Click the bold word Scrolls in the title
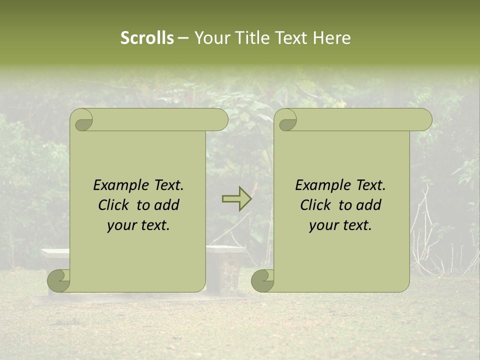[147, 38]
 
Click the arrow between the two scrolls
[236, 198]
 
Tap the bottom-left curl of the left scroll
[59, 281]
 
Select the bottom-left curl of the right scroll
[263, 281]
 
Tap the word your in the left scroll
[121, 225]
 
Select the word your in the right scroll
[323, 225]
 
